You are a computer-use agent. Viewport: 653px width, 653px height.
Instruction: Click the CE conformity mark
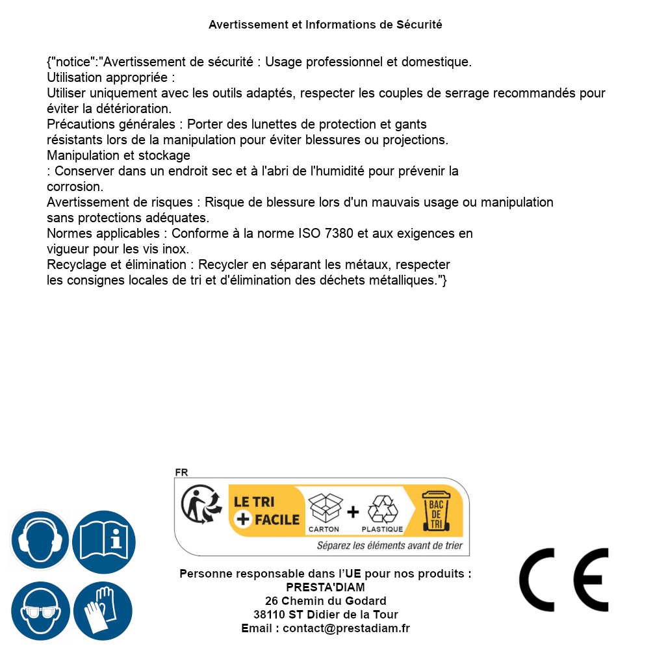tap(564, 580)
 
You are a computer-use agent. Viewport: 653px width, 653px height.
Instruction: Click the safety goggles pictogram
tap(40, 611)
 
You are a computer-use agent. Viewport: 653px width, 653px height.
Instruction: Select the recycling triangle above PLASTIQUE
tap(382, 509)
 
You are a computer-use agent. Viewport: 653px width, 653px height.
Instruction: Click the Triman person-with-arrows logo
tap(199, 505)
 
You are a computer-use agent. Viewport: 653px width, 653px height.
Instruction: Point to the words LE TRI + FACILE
tap(266, 511)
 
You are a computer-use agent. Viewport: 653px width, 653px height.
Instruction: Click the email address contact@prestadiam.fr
tap(346, 628)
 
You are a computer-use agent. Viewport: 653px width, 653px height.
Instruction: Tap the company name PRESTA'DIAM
tap(326, 587)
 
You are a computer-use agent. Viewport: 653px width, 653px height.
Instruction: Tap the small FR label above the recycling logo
tap(181, 473)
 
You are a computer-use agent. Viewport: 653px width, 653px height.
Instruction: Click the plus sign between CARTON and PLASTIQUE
tap(353, 512)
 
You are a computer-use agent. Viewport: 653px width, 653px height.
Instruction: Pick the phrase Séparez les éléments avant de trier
tap(390, 546)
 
